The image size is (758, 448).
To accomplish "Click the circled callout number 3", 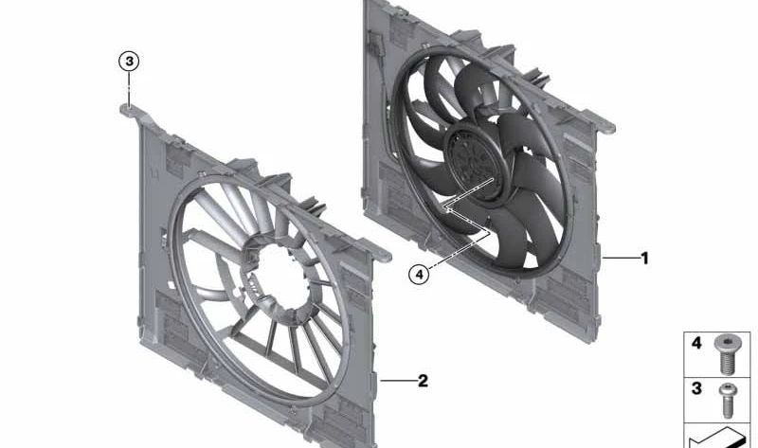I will click(129, 62).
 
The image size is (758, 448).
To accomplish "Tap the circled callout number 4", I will click(420, 275).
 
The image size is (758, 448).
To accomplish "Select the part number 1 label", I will click(644, 258).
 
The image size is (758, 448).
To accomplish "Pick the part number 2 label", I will click(423, 381).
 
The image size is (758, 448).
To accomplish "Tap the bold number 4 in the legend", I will click(696, 343).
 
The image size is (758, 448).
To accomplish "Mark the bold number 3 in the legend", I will click(696, 388).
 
